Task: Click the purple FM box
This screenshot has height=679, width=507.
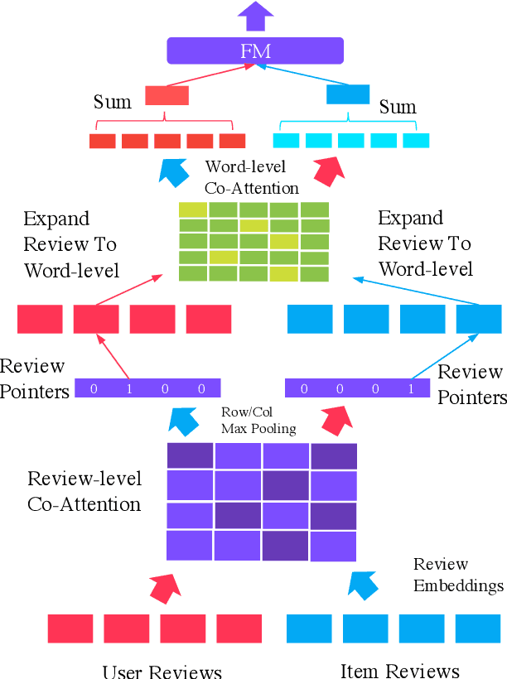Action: [x=254, y=51]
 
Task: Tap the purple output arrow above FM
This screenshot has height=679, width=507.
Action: [x=254, y=15]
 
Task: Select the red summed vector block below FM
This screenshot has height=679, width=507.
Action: [x=167, y=95]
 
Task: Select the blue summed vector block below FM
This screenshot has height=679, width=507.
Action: [x=348, y=94]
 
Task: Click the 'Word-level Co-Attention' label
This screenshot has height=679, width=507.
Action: [x=252, y=177]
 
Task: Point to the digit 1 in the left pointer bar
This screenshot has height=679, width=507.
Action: [x=129, y=388]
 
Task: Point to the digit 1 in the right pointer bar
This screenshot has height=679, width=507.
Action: [x=411, y=388]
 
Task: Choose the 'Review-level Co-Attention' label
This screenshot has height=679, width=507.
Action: [x=84, y=491]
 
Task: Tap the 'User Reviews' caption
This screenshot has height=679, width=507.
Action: [x=162, y=671]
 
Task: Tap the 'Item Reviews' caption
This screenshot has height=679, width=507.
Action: [x=400, y=670]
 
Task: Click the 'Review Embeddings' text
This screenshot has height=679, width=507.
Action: [x=458, y=575]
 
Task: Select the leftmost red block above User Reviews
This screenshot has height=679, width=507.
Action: [x=70, y=628]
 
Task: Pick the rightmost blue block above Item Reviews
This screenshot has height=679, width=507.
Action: [x=479, y=628]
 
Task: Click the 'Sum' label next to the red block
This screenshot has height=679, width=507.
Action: [x=112, y=103]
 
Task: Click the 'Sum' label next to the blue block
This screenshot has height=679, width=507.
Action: [x=398, y=107]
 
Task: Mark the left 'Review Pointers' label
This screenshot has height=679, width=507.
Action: [x=34, y=378]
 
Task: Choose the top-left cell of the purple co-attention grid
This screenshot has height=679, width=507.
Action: [x=191, y=456]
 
